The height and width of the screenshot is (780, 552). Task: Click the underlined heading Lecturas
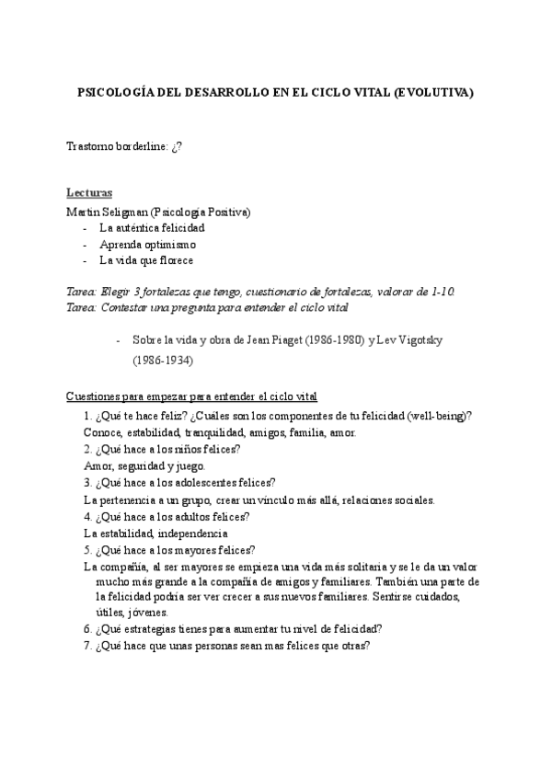click(89, 193)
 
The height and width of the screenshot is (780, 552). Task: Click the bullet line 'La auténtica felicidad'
click(152, 228)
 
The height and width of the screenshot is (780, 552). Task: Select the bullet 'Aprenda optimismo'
click(147, 245)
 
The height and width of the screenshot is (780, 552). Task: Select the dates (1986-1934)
click(163, 361)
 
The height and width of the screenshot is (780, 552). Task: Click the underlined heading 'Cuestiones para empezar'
click(191, 396)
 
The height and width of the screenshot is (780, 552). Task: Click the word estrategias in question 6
click(154, 629)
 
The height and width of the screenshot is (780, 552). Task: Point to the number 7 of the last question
click(86, 646)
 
